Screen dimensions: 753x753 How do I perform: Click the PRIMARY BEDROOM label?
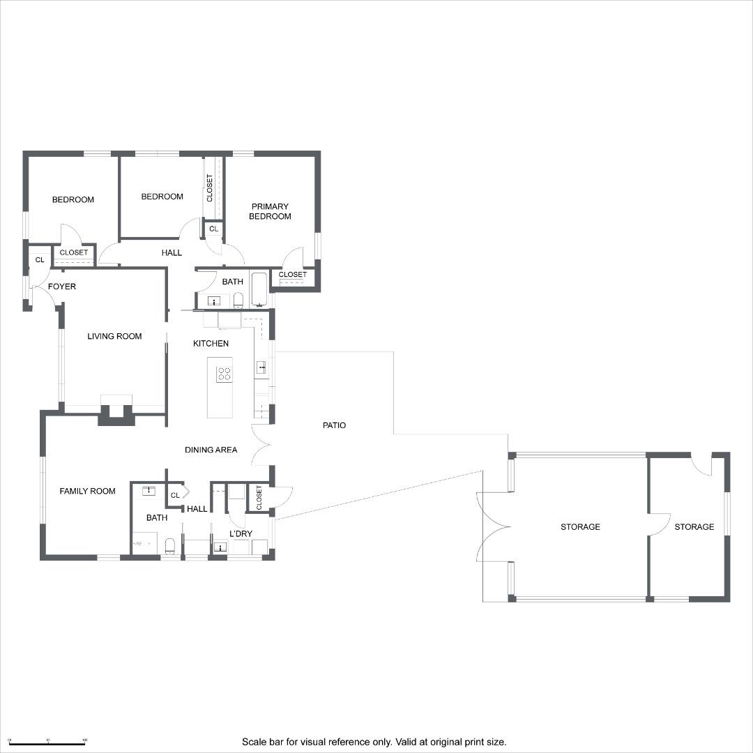(271, 211)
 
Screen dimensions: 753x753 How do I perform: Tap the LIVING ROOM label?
(114, 336)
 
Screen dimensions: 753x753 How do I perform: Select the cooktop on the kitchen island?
(224, 374)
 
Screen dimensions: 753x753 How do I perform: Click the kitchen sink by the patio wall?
(261, 367)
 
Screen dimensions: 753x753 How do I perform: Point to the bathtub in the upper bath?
(259, 289)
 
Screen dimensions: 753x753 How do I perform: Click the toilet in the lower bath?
(169, 545)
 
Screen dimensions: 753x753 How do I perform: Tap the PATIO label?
(334, 425)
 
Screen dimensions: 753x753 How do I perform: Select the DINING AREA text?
(211, 450)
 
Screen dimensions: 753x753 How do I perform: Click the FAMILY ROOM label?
(87, 491)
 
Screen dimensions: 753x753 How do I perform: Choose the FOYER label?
(62, 287)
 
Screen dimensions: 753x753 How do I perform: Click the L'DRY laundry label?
(241, 534)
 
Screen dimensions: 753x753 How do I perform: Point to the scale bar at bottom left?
(47, 740)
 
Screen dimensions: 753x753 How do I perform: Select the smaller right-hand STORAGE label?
(694, 527)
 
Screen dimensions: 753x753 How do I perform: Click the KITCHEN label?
(211, 343)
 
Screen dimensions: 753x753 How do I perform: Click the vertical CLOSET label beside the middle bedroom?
(210, 188)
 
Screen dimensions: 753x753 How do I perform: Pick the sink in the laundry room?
(220, 547)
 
